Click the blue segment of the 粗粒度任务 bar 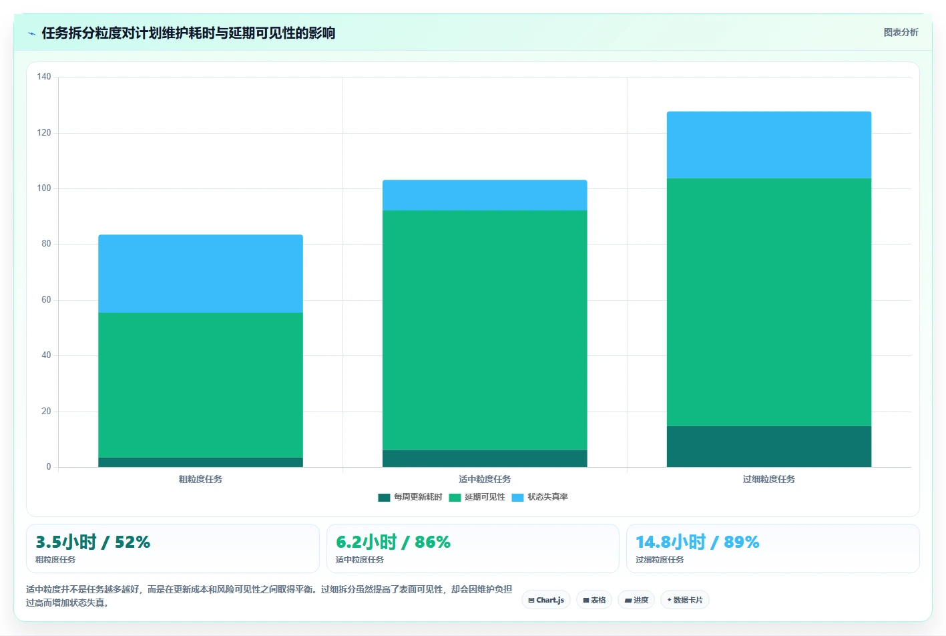coord(200,273)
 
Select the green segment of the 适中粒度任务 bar coord(485,330)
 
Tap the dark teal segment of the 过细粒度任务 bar coord(769,446)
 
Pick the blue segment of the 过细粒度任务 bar coord(769,145)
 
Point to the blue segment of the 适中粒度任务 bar coord(485,195)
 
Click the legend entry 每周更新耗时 coord(410,497)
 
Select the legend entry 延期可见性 coord(477,497)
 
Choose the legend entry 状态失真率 coord(539,497)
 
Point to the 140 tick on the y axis coord(44,76)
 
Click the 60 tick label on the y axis coord(46,299)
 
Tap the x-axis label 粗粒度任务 coord(200,479)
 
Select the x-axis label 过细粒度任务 coord(769,479)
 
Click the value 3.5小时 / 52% coord(93,542)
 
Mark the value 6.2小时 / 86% coord(393,542)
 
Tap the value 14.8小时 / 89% coord(698,542)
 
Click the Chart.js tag coord(546,600)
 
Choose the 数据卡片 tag coord(684,600)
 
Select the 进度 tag coord(636,600)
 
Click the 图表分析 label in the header coord(901,33)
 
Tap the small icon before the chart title coord(31,33)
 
